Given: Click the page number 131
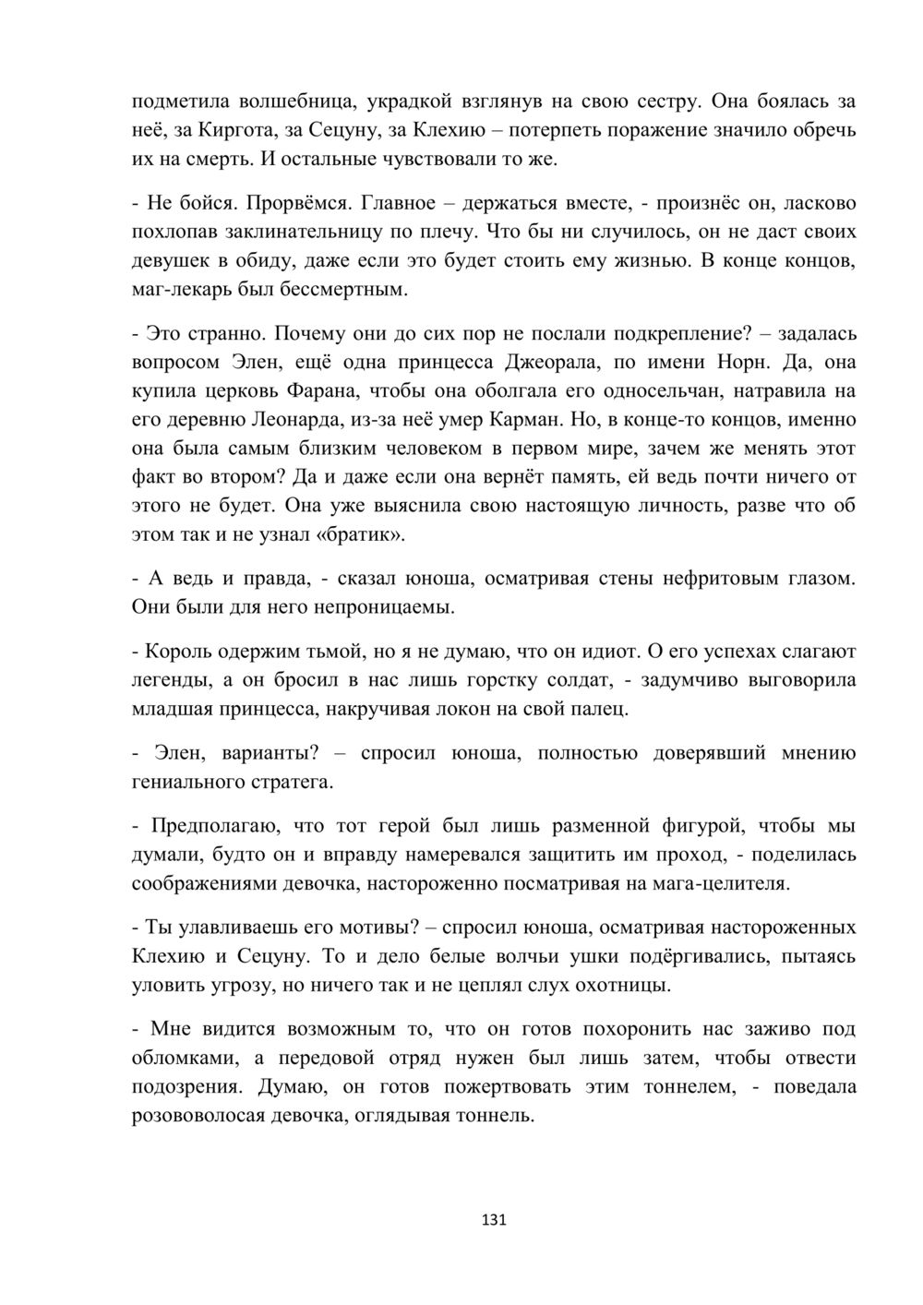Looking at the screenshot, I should click(x=495, y=1220).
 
